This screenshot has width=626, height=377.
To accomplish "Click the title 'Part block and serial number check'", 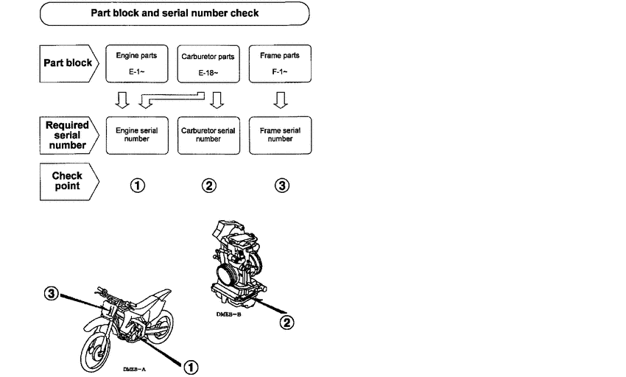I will point(174,13).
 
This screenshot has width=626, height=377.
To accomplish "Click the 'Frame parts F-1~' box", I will point(280,63).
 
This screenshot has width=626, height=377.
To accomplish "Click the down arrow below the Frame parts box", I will point(280,99).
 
